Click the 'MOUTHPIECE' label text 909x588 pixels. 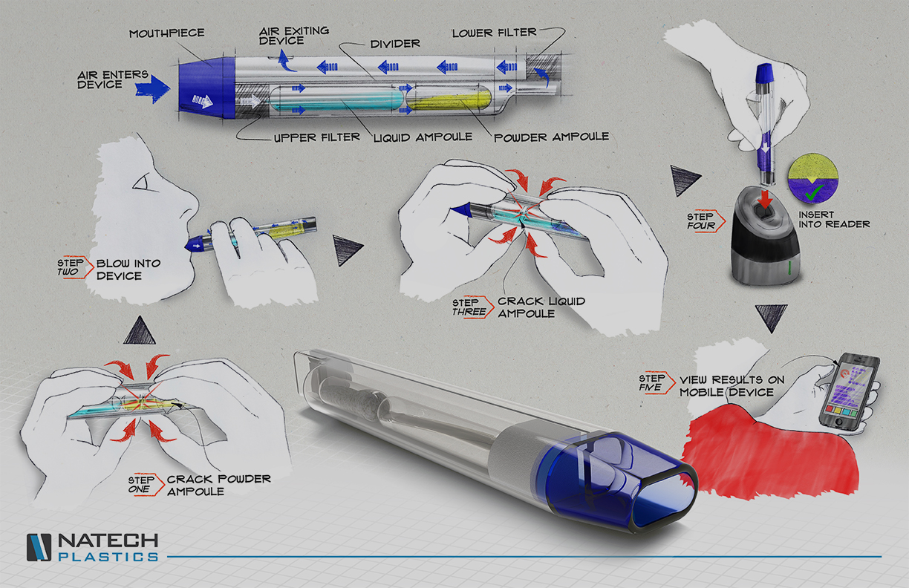(167, 33)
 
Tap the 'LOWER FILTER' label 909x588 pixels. (495, 33)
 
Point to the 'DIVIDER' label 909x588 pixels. (395, 43)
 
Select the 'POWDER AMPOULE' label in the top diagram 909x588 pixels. (551, 137)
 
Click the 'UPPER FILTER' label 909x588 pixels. (316, 137)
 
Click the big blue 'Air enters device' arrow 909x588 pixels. (152, 87)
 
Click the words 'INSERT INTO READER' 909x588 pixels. (834, 219)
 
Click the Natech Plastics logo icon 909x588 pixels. (39, 548)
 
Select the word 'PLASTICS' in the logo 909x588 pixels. (108, 556)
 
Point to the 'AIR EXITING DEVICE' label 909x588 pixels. (294, 36)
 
